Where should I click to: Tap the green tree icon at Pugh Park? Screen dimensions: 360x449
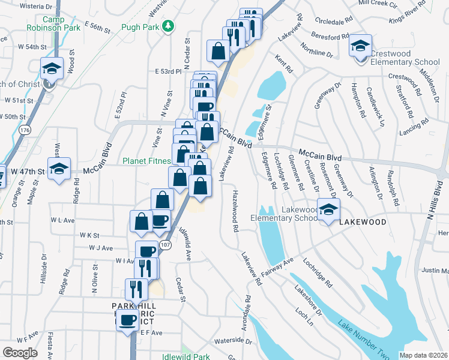click(169, 26)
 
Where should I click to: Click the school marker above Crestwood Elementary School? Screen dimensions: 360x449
click(360, 46)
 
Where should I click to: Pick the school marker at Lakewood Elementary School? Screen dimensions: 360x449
click(328, 209)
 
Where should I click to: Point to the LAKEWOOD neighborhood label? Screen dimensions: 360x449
click(363, 221)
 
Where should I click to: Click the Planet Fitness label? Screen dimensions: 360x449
click(146, 161)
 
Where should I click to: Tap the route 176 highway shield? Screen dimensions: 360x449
click(24, 130)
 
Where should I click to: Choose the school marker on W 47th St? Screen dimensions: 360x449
click(59, 169)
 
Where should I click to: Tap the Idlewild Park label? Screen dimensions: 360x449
click(186, 357)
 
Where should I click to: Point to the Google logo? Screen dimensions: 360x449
click(20, 353)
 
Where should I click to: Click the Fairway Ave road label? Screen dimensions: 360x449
click(280, 265)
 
